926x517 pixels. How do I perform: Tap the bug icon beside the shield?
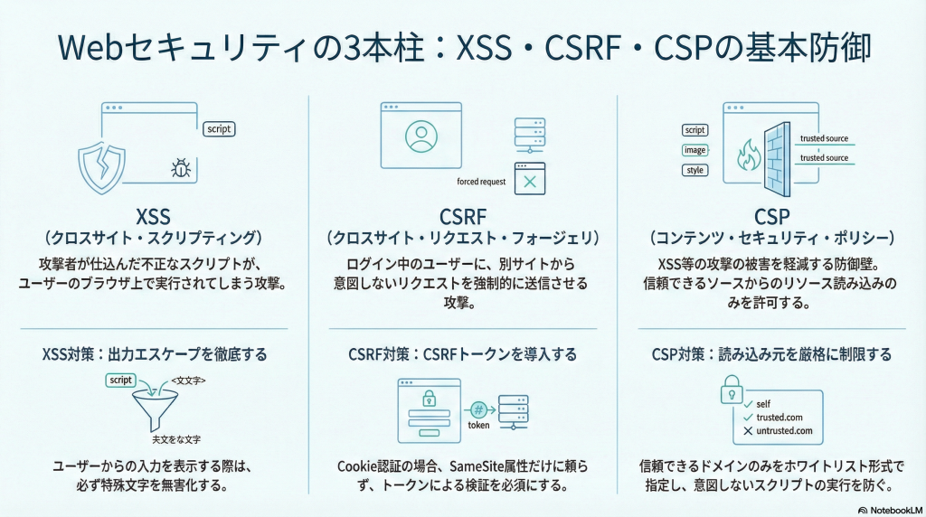coord(179,167)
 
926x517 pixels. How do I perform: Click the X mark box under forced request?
coord(530,180)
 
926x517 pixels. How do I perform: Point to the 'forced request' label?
coord(482,182)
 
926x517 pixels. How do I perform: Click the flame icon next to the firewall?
coord(749,156)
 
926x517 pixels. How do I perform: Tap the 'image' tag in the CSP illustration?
coord(694,150)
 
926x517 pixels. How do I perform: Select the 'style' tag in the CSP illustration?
coord(694,170)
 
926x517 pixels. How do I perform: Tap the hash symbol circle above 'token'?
coord(478,409)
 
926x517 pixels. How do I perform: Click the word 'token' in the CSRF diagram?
coord(478,426)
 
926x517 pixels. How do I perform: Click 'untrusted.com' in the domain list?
coord(784,431)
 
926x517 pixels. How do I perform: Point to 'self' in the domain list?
coord(765,403)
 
